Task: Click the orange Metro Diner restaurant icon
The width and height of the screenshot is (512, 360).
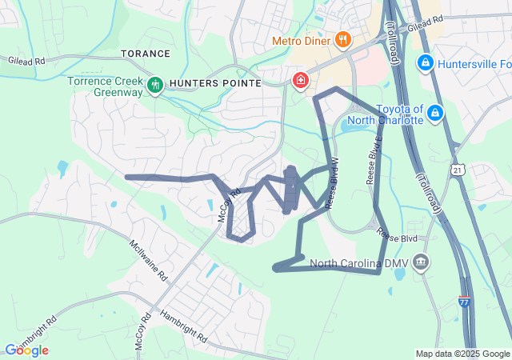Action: click(x=342, y=39)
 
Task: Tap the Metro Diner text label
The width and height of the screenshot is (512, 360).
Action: click(x=302, y=40)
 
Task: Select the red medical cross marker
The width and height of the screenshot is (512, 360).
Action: click(x=300, y=80)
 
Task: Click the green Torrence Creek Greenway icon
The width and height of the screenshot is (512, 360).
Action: click(x=154, y=83)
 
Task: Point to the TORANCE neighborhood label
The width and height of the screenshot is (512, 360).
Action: click(x=146, y=54)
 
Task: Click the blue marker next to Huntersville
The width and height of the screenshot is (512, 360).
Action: click(x=426, y=62)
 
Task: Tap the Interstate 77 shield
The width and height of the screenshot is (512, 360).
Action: click(x=465, y=301)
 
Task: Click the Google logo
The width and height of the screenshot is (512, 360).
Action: click(x=26, y=350)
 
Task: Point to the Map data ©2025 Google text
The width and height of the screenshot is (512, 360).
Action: click(x=462, y=354)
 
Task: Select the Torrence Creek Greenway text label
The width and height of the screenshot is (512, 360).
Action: click(x=105, y=87)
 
